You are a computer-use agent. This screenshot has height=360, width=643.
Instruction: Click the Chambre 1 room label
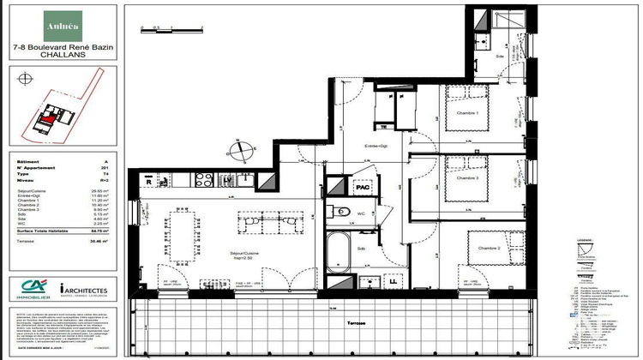466,115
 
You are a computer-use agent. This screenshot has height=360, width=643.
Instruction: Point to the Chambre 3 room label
466,178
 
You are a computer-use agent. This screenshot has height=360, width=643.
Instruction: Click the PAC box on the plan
364,187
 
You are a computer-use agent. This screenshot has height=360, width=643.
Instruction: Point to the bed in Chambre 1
468,109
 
